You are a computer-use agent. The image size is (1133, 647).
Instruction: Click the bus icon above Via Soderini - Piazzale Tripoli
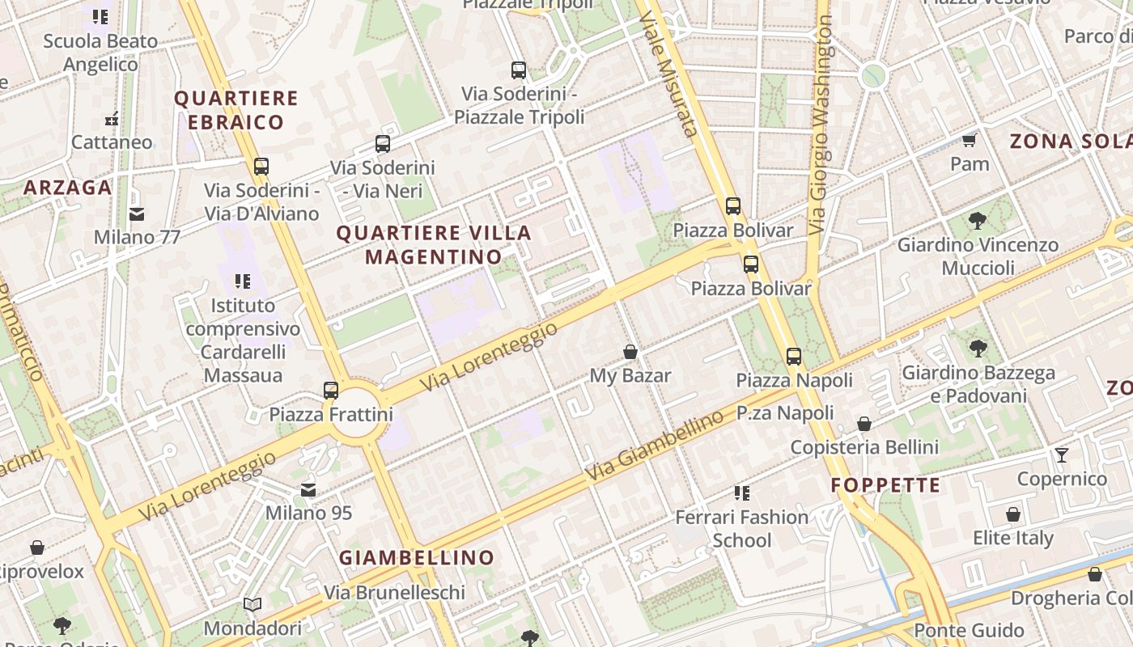point(519,70)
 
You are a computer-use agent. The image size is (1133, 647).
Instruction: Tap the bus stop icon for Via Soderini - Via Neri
point(383,145)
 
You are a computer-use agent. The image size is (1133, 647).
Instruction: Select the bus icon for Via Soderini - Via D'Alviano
point(261,167)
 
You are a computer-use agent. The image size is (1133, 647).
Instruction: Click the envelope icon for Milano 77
point(136,214)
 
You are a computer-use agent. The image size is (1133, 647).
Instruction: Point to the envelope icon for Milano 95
point(308,490)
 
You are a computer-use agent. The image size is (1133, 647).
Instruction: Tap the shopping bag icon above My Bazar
point(630,352)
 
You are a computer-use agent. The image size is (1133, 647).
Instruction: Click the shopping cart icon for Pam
point(969,141)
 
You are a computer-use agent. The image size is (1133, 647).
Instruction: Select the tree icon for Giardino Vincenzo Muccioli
point(978,220)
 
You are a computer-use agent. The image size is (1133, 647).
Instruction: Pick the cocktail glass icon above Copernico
point(1062,455)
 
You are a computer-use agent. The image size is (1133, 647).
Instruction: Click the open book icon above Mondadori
point(252,604)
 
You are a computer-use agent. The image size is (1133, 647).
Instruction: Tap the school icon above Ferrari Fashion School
point(741,493)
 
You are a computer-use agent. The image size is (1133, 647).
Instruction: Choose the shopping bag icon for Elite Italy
point(1012,514)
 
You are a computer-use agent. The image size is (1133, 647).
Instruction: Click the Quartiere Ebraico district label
point(236,110)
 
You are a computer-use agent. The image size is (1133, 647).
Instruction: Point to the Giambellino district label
point(416,557)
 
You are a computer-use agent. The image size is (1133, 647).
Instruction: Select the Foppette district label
point(885,485)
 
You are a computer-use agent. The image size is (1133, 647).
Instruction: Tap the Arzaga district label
point(67,188)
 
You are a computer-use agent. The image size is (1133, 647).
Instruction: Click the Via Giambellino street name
point(656,446)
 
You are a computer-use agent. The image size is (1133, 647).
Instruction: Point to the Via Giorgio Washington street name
point(821,125)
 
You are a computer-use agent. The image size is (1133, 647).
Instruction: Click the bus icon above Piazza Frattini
point(330,391)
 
